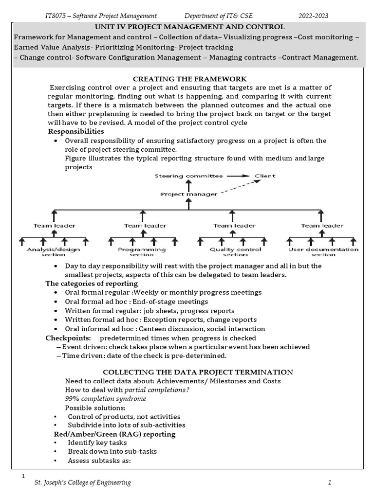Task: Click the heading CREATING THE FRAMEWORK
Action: pos(190,79)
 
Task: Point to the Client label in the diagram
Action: pos(265,176)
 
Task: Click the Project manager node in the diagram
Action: pos(189,194)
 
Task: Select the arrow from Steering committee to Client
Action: pos(239,176)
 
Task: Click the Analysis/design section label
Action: pos(53,252)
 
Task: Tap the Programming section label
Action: pos(142,252)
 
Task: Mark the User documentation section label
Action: pos(323,252)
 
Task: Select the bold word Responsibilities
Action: pos(75,131)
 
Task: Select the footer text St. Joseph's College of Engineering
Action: pos(82,482)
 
